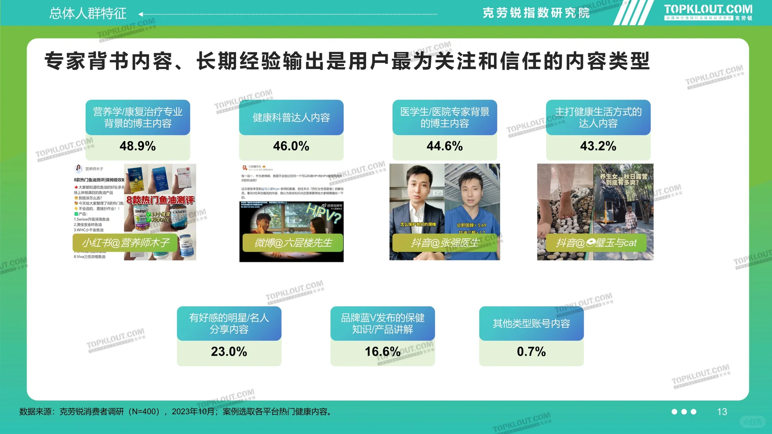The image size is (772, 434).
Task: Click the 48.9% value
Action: point(138,146)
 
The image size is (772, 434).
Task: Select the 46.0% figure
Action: point(291,146)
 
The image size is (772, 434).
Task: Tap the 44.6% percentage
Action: point(445,146)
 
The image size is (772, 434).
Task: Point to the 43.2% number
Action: point(598,146)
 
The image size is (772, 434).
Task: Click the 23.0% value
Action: point(229,352)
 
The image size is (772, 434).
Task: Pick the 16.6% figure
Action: point(382,352)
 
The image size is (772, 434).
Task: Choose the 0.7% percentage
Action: point(531,352)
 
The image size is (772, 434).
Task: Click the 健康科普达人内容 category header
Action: point(291,117)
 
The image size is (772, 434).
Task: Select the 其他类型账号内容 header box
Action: point(531,323)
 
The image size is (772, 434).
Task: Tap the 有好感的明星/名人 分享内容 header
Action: point(229,323)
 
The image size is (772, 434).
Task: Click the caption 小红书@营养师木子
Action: point(125,243)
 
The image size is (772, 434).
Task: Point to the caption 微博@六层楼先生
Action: point(293,243)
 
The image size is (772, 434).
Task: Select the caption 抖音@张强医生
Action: point(444,243)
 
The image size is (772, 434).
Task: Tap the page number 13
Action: point(722,412)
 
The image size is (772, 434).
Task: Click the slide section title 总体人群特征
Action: point(88,14)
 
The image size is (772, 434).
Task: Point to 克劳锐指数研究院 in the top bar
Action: point(536,13)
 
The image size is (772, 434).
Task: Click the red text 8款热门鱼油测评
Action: point(160,200)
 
